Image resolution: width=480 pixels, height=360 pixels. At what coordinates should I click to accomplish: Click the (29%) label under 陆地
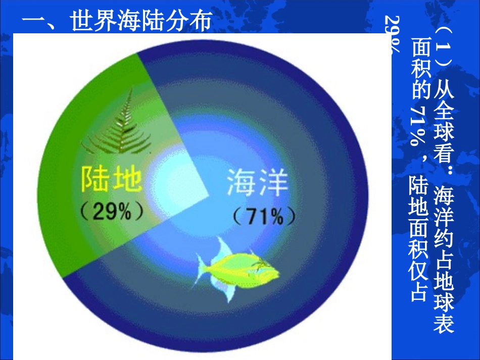pos(111,211)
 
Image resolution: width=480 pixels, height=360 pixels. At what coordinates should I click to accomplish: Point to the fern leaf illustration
pos(119,127)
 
